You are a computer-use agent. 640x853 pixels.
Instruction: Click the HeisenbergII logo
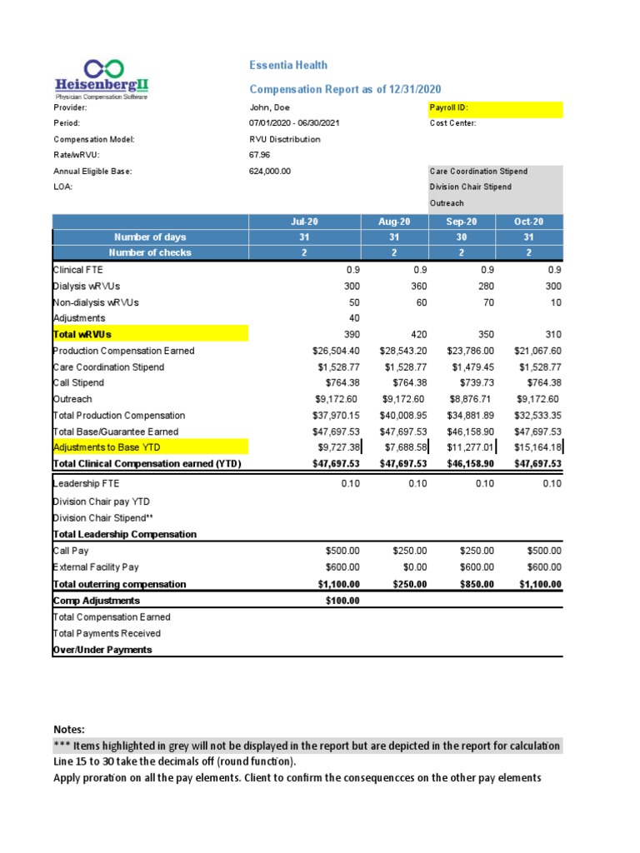pos(102,80)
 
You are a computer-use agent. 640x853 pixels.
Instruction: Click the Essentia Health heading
pos(288,65)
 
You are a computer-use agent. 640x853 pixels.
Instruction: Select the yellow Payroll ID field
pos(495,108)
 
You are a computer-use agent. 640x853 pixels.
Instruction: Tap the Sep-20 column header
pos(462,222)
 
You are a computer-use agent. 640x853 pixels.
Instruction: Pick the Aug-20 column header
pos(394,222)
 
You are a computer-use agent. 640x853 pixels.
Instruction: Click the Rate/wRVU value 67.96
pos(260,155)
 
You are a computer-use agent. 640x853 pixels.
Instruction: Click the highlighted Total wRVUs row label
pos(83,334)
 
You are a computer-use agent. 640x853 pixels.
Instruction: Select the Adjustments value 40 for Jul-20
pos(349,318)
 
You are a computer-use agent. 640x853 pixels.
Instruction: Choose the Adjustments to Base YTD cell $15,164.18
pos(537,448)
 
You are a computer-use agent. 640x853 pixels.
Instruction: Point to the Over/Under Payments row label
pos(102,650)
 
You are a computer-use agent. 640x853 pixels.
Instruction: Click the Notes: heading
pos(68,729)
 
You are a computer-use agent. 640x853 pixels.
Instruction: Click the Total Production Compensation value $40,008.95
pos(403,416)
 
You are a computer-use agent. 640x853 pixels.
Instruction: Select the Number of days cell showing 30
pos(462,237)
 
